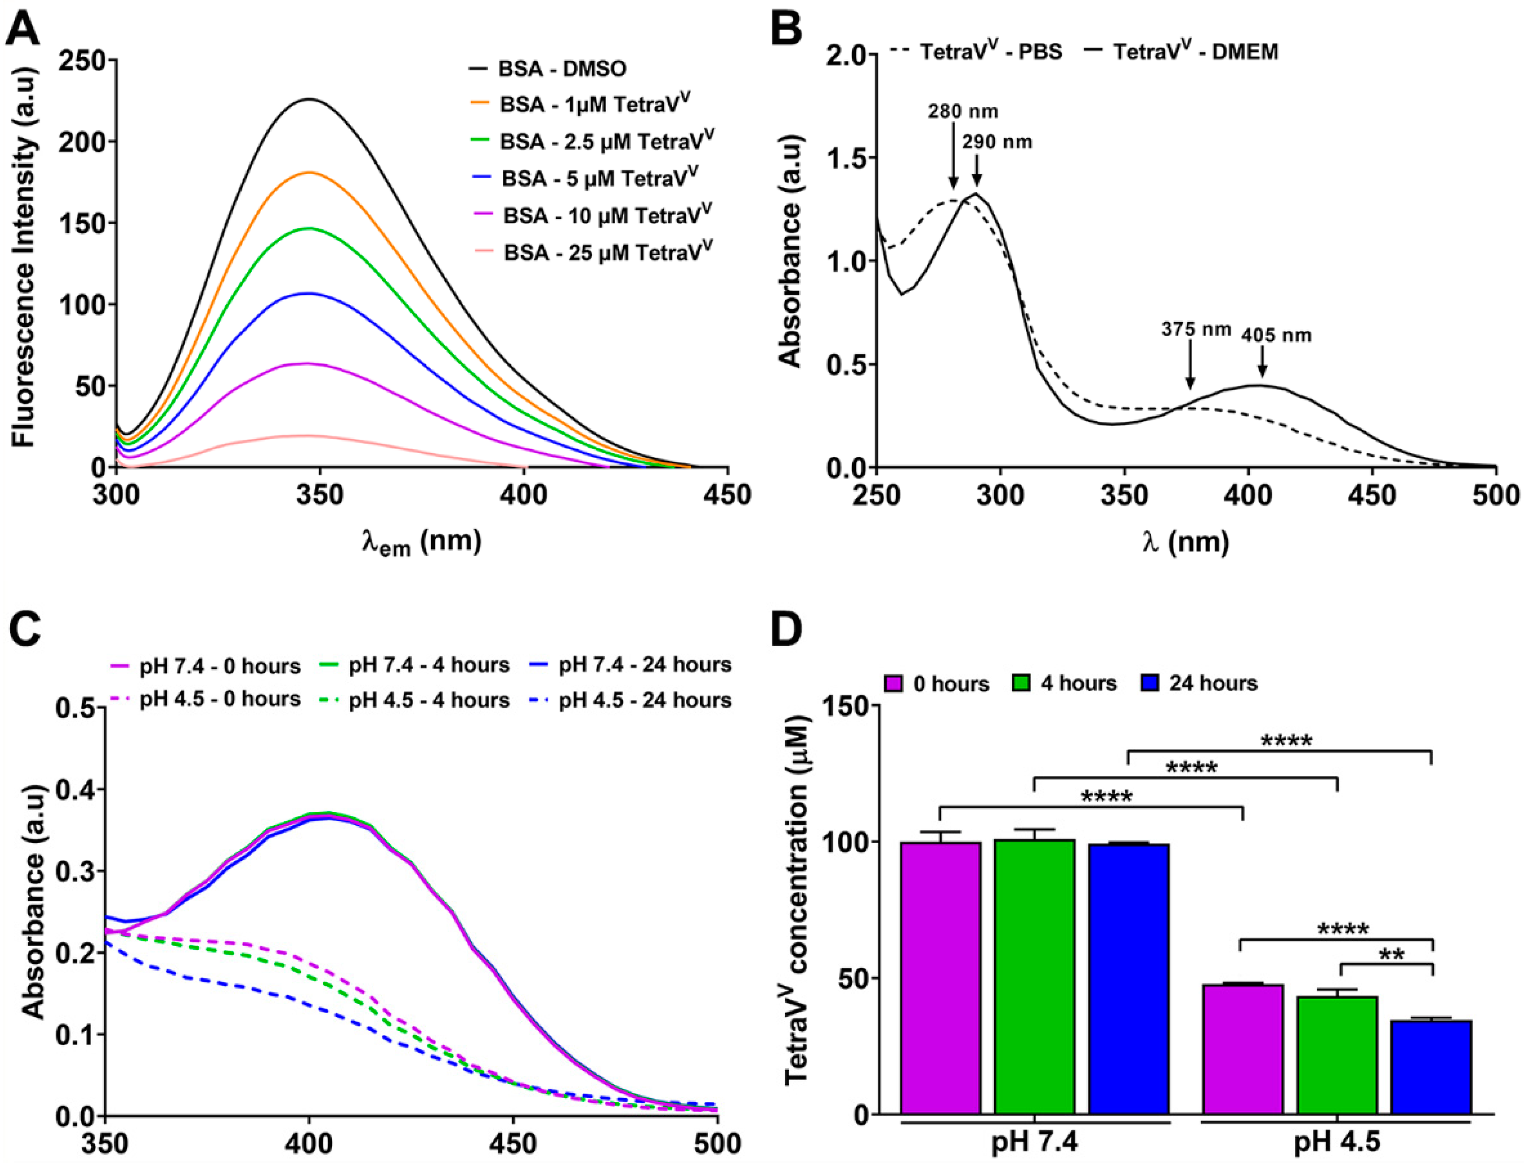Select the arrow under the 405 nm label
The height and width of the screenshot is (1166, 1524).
[x=1262, y=361]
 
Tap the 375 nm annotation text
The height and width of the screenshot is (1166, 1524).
[x=1195, y=329]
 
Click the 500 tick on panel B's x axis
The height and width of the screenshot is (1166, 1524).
[x=1496, y=495]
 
